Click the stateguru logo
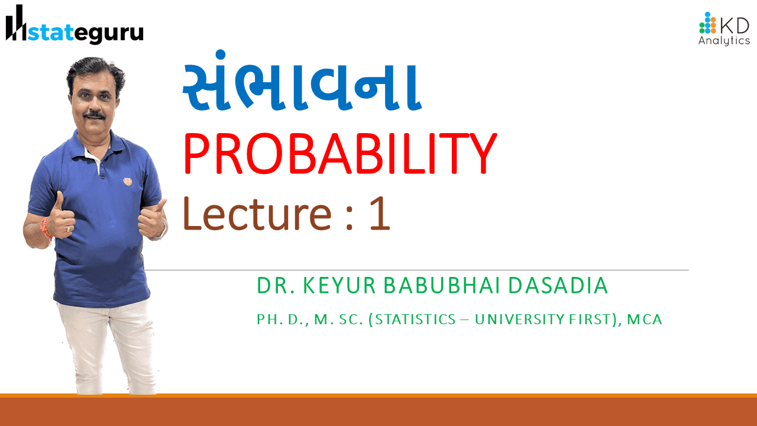pos(75,25)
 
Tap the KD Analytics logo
pos(724,28)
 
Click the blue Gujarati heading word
pos(302,81)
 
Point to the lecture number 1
pos(380,214)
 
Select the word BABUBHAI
pos(442,285)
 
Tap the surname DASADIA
pos(558,285)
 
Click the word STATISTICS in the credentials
pos(415,319)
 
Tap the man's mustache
pos(95,115)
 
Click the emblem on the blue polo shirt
pos(127,182)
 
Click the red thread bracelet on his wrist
pos(46,228)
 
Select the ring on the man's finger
pos(68,229)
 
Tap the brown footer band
pos(378,410)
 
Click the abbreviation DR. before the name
pos(276,285)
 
